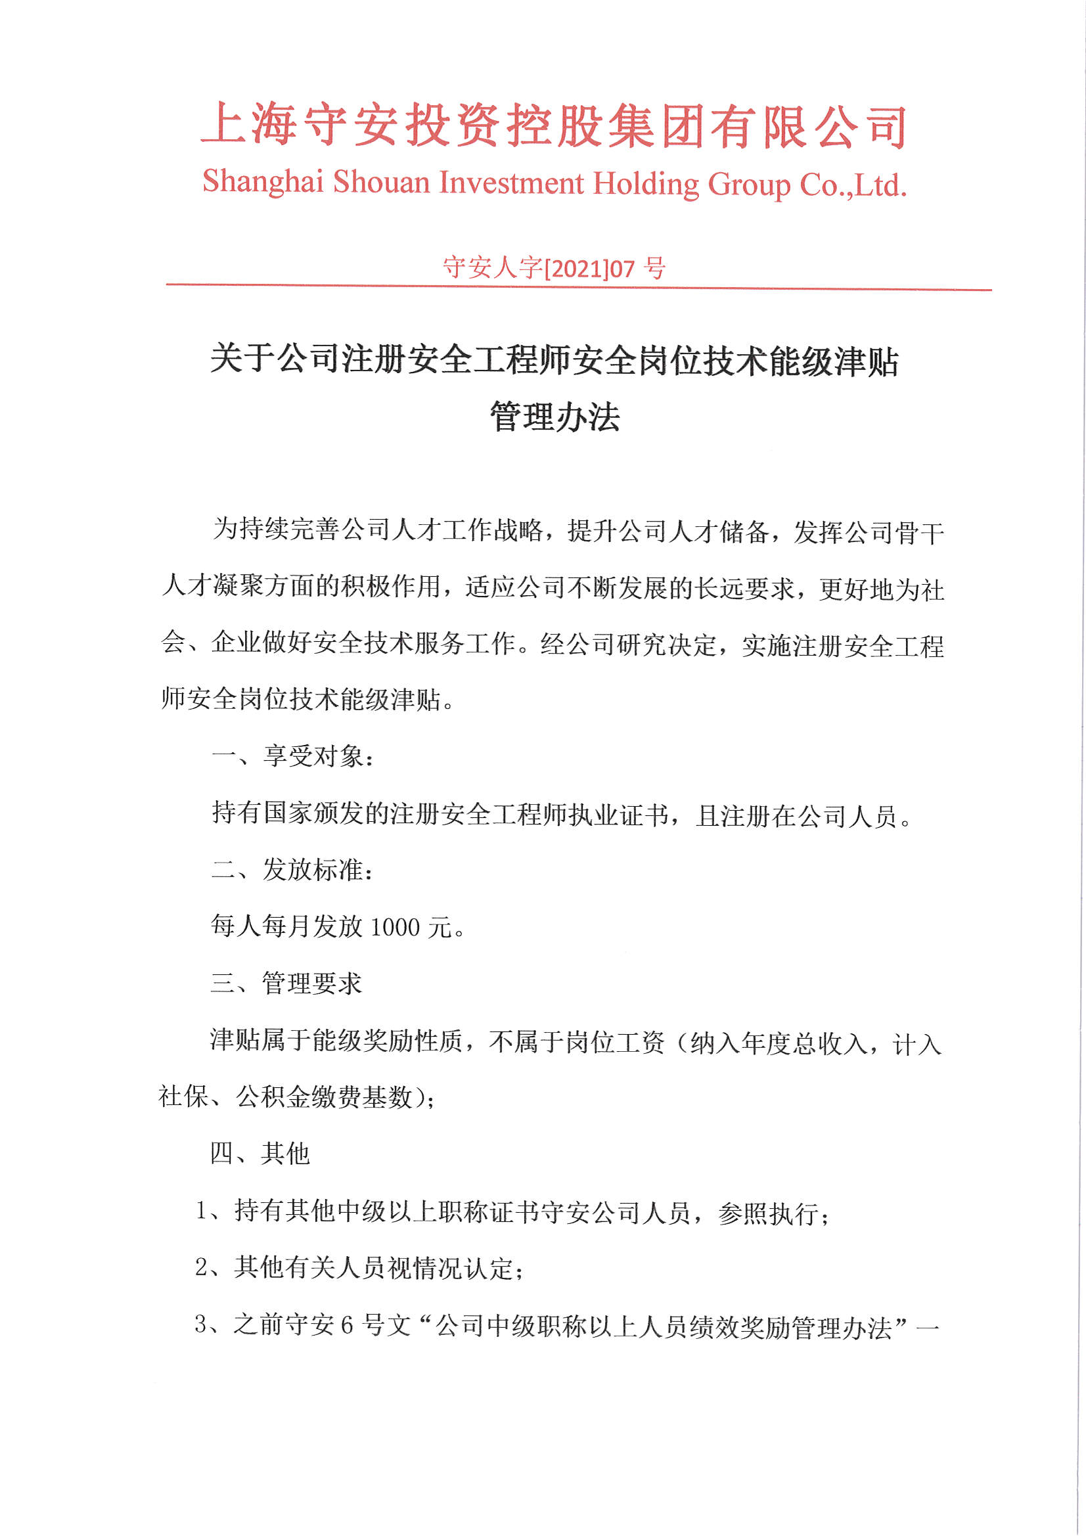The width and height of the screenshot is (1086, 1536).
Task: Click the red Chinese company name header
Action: point(554,125)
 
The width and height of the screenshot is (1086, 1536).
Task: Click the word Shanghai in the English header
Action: point(263,182)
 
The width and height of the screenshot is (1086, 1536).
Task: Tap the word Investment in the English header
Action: point(511,183)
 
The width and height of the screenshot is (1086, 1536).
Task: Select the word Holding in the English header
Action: point(646,184)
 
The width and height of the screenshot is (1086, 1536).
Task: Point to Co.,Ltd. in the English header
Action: point(853,185)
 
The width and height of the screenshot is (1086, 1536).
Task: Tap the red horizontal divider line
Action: point(579,287)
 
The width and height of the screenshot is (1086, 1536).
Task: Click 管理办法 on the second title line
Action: point(554,417)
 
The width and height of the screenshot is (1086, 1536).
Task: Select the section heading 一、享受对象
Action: point(292,757)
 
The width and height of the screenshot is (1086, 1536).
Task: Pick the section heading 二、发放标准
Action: point(292,870)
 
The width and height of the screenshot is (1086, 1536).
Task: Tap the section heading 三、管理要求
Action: point(286,983)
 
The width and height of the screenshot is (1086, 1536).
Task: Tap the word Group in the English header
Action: point(749,185)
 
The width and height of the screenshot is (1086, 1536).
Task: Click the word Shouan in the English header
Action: point(382,182)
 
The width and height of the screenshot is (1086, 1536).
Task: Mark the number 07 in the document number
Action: point(622,269)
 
